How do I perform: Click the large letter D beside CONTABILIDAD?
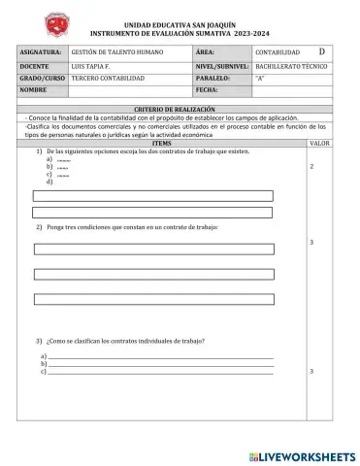pyautogui.click(x=322, y=50)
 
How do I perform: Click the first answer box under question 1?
pyautogui.click(x=152, y=196)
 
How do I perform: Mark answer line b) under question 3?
pyautogui.click(x=160, y=364)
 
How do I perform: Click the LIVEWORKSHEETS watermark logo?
pyautogui.click(x=302, y=454)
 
